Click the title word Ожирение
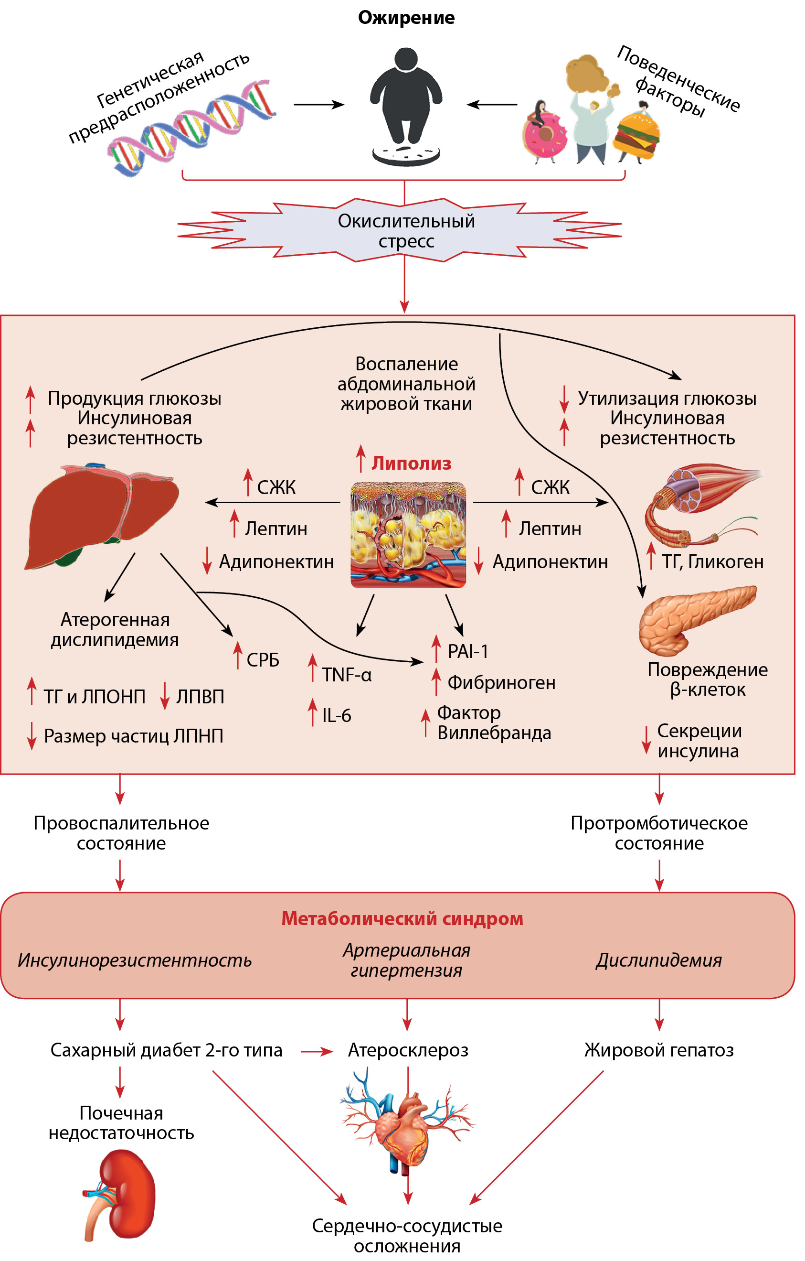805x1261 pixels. click(x=406, y=18)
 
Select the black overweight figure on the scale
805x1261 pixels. click(x=406, y=99)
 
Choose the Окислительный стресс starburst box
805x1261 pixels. click(x=406, y=231)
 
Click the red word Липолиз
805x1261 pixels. click(x=412, y=463)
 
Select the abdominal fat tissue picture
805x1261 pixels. click(x=408, y=535)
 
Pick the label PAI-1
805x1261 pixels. click(x=468, y=651)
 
